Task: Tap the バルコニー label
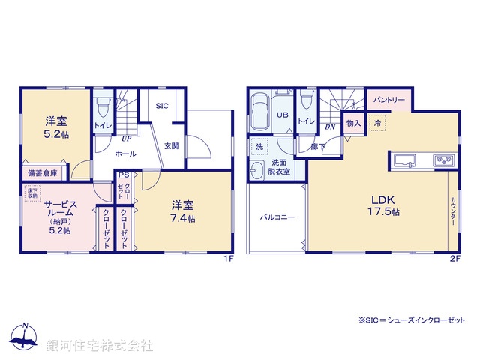(277, 217)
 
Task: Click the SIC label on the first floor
(162, 106)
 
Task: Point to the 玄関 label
(172, 145)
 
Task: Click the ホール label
(125, 153)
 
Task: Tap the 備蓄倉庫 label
(43, 173)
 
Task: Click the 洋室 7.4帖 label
(182, 211)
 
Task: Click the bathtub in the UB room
(260, 112)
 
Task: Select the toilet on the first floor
(103, 106)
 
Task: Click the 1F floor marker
(229, 259)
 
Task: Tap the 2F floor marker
(454, 259)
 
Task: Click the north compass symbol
(25, 337)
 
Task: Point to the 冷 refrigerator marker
(378, 121)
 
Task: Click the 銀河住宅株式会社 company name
(100, 346)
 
